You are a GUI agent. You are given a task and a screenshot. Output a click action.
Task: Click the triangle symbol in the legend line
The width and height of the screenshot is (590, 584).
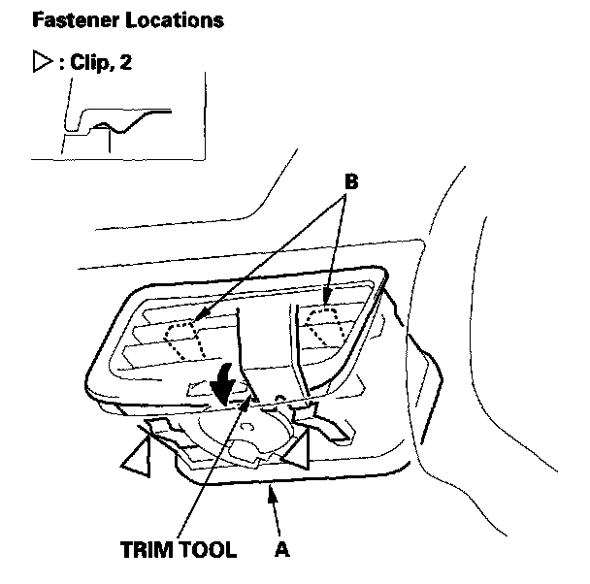pyautogui.click(x=41, y=67)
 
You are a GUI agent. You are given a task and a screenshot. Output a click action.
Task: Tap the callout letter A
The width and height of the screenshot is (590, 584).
pyautogui.click(x=281, y=549)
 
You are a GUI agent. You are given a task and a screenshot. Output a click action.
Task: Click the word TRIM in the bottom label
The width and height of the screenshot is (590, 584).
pyautogui.click(x=151, y=549)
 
